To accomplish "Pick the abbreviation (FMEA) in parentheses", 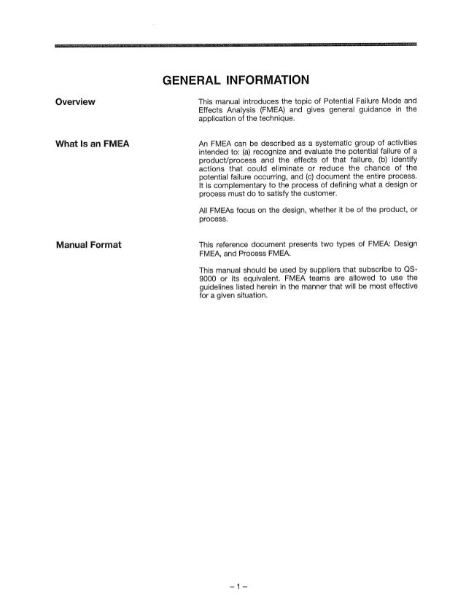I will tap(271, 109).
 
